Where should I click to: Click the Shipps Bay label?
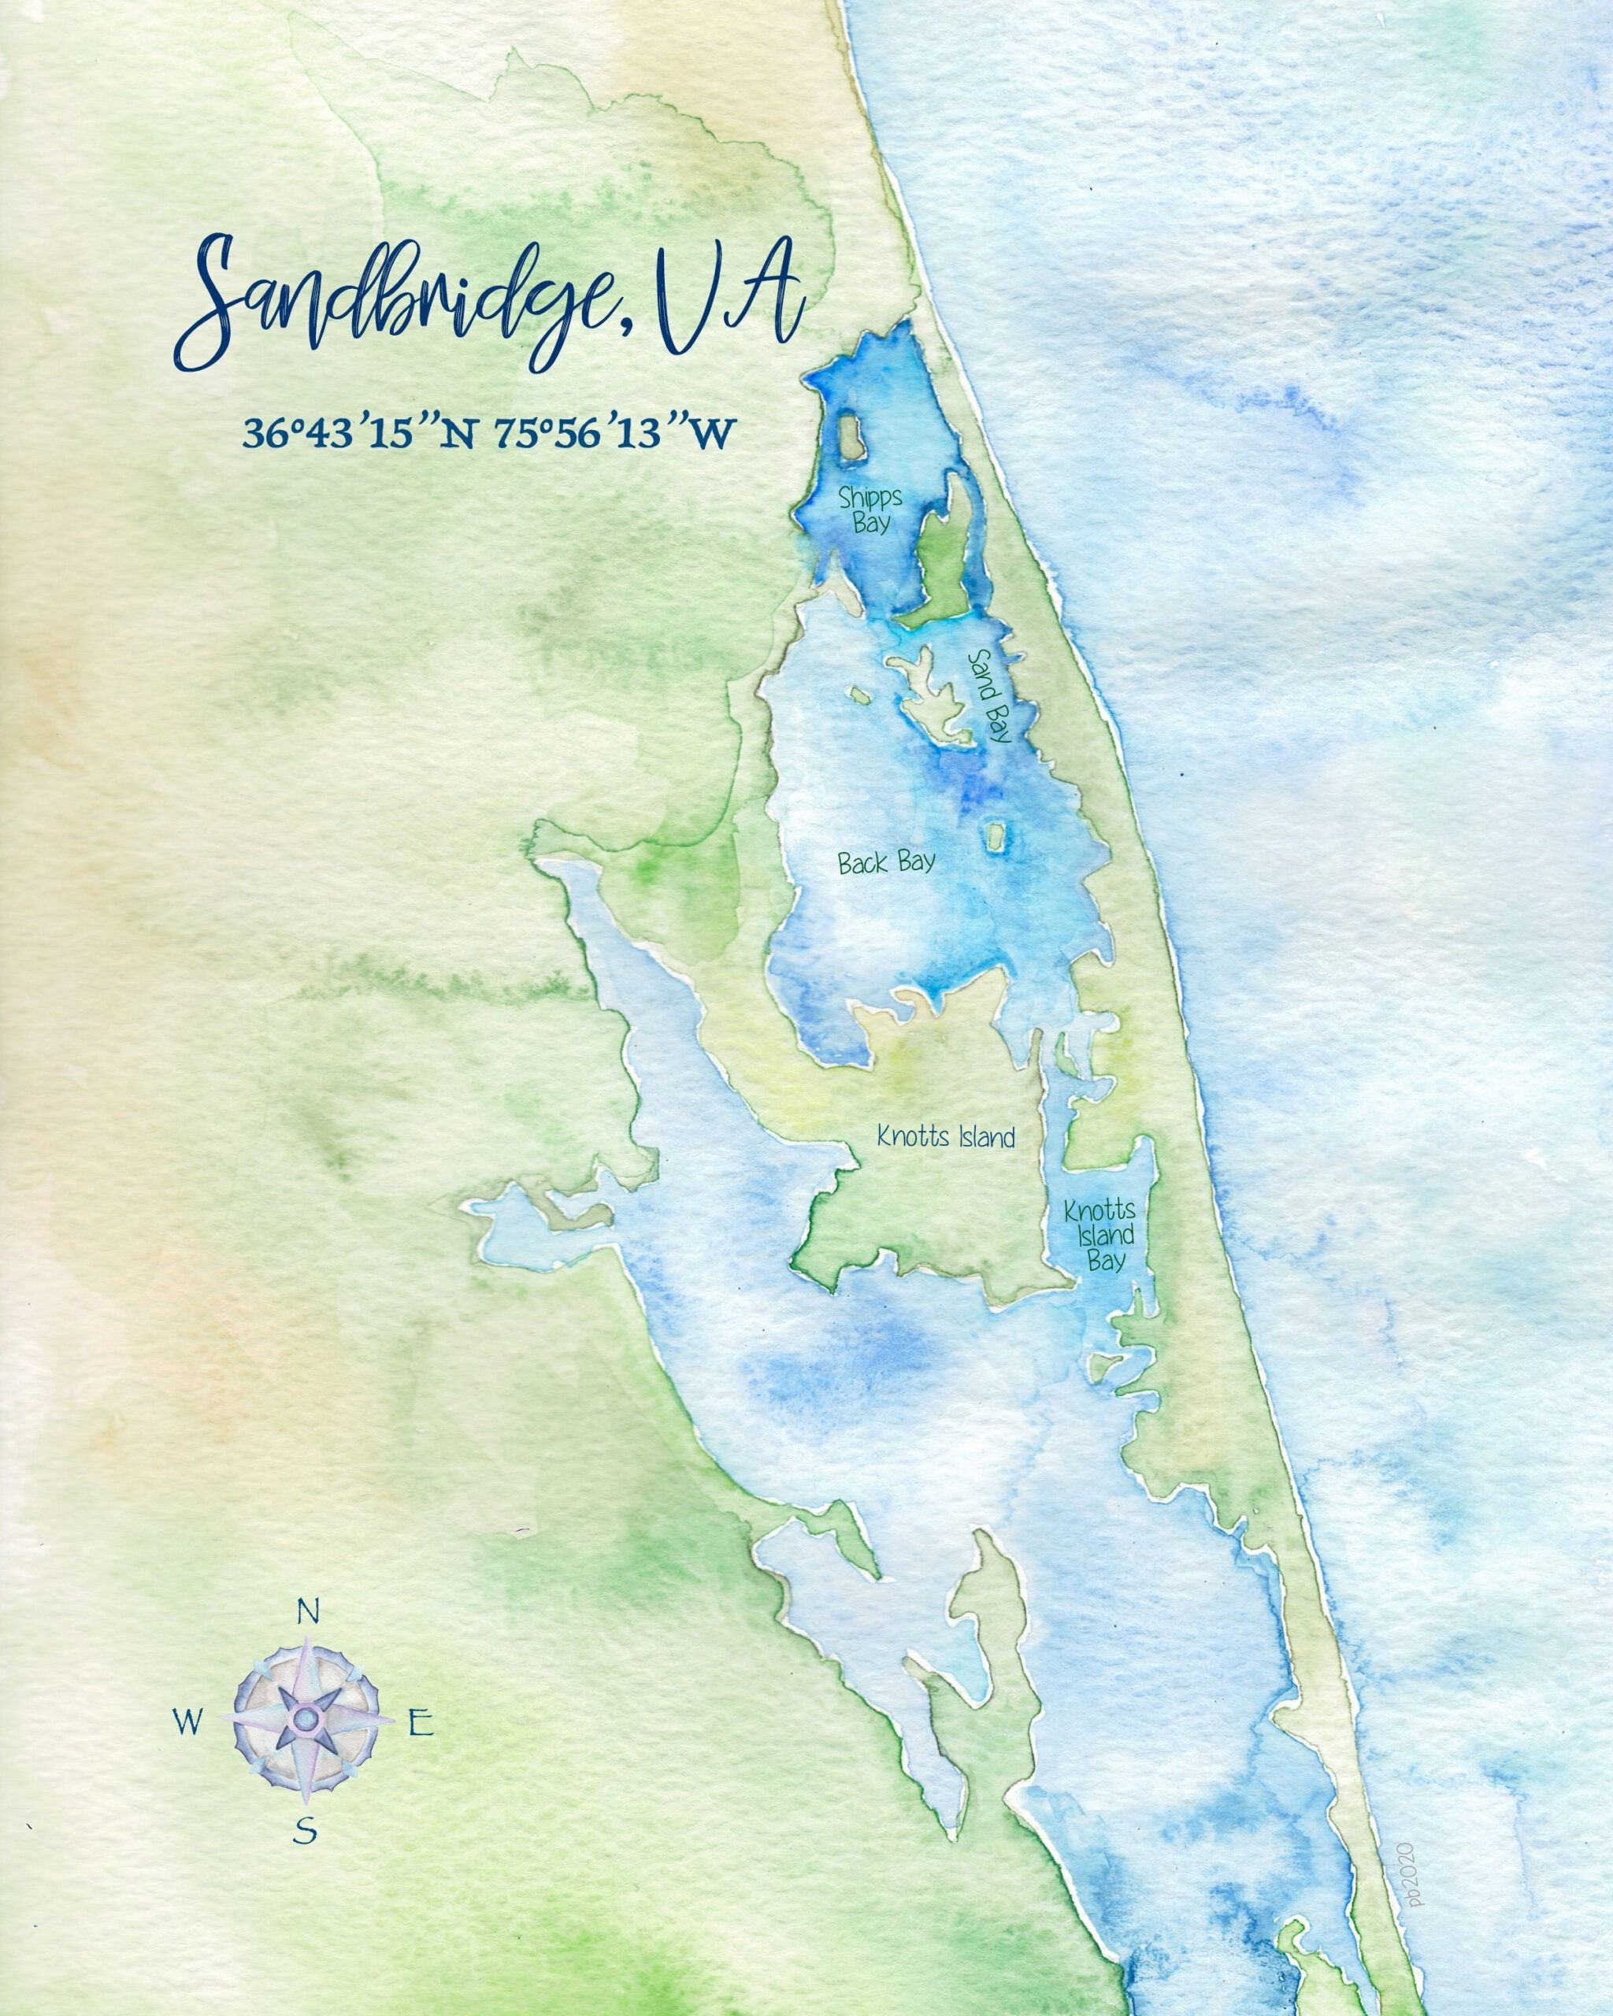click(x=864, y=509)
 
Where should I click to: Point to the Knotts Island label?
click(x=945, y=1138)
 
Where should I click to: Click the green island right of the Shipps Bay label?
click(x=944, y=552)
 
